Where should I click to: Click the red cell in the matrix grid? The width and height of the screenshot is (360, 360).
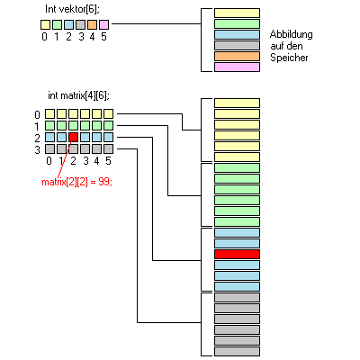point(74,138)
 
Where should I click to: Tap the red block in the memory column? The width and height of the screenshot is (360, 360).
point(237,255)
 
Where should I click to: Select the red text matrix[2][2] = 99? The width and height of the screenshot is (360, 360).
point(76,182)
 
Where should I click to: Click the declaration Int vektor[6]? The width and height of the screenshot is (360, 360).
point(72,9)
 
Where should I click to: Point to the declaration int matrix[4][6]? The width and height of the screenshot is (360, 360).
point(78,95)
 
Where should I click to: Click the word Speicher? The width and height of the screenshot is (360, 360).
point(289,58)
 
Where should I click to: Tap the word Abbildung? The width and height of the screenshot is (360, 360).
point(291,34)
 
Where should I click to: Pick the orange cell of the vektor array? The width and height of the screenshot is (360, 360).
point(93,24)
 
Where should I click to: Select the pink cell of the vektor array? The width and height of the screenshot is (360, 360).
point(104,24)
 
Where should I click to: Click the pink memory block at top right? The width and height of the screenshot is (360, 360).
point(237,67)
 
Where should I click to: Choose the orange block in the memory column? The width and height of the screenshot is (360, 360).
point(237,56)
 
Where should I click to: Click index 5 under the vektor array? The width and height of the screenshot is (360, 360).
point(103,37)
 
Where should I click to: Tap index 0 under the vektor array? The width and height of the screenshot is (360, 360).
point(45,37)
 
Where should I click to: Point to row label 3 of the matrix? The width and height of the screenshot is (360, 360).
point(37,149)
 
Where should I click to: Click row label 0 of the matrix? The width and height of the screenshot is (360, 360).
point(37,114)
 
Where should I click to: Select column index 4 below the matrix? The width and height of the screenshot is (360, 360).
point(96,161)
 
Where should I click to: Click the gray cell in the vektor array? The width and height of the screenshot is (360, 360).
point(81,24)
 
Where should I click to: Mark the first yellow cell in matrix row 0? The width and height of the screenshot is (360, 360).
point(50,114)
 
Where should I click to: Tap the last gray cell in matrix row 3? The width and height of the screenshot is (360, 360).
point(109,148)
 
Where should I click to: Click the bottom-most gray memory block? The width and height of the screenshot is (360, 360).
point(237,351)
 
